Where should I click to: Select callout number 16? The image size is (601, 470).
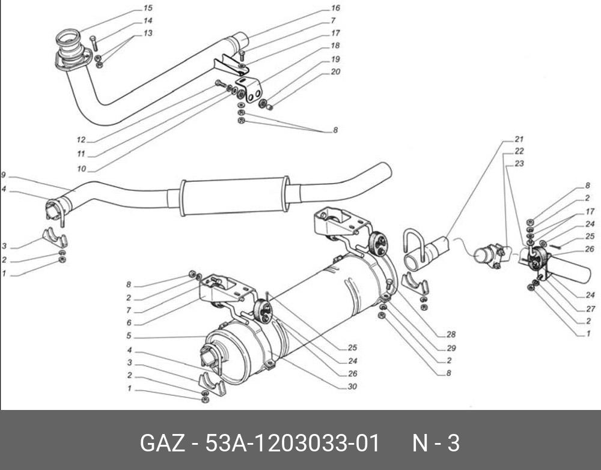(335, 8)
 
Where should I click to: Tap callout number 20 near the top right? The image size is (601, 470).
(335, 71)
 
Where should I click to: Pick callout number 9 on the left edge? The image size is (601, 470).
(3, 175)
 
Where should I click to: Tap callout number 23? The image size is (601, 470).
(519, 163)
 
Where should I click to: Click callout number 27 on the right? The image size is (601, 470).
(590, 309)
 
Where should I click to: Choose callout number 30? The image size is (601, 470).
(352, 387)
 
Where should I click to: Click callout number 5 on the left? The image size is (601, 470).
(128, 336)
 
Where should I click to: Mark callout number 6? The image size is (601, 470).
(128, 323)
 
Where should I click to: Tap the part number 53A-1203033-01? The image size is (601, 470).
(293, 444)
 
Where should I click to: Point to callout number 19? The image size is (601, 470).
(335, 59)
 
